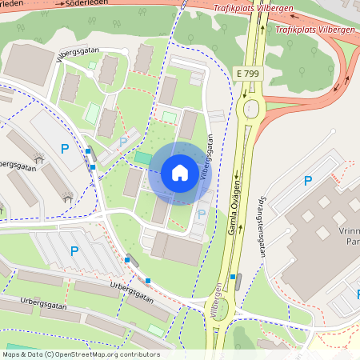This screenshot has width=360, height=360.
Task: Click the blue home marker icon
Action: [180, 173]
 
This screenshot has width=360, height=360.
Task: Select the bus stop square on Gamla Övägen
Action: [233, 277]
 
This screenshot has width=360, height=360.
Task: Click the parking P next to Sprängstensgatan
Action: [307, 182]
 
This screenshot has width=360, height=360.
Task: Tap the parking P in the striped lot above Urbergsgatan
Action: [74, 251]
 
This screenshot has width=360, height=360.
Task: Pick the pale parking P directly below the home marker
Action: [201, 214]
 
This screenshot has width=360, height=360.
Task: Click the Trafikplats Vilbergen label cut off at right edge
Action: [317, 30]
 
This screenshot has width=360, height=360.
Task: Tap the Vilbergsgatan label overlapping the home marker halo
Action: [206, 157]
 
